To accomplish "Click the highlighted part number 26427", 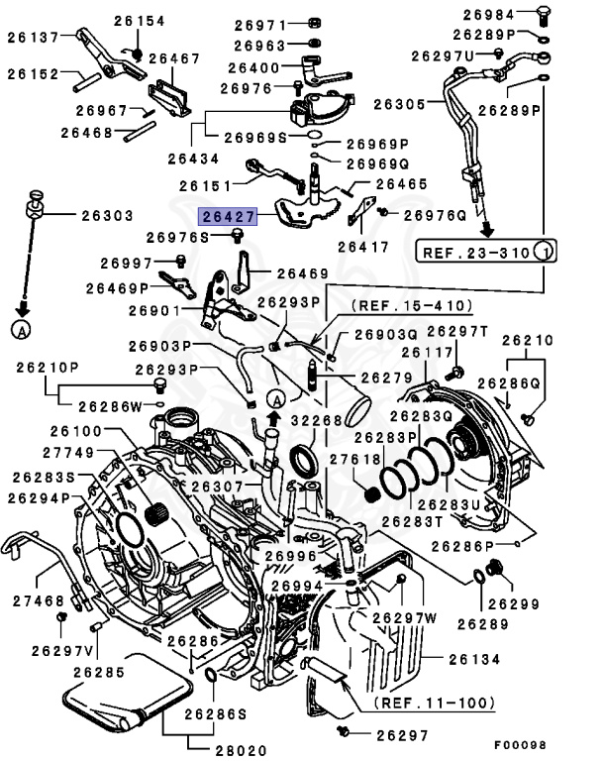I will click(x=228, y=215).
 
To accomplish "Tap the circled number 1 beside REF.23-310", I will click(x=544, y=252).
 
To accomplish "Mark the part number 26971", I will click(x=260, y=24).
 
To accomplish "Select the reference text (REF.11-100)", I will click(x=434, y=703).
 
